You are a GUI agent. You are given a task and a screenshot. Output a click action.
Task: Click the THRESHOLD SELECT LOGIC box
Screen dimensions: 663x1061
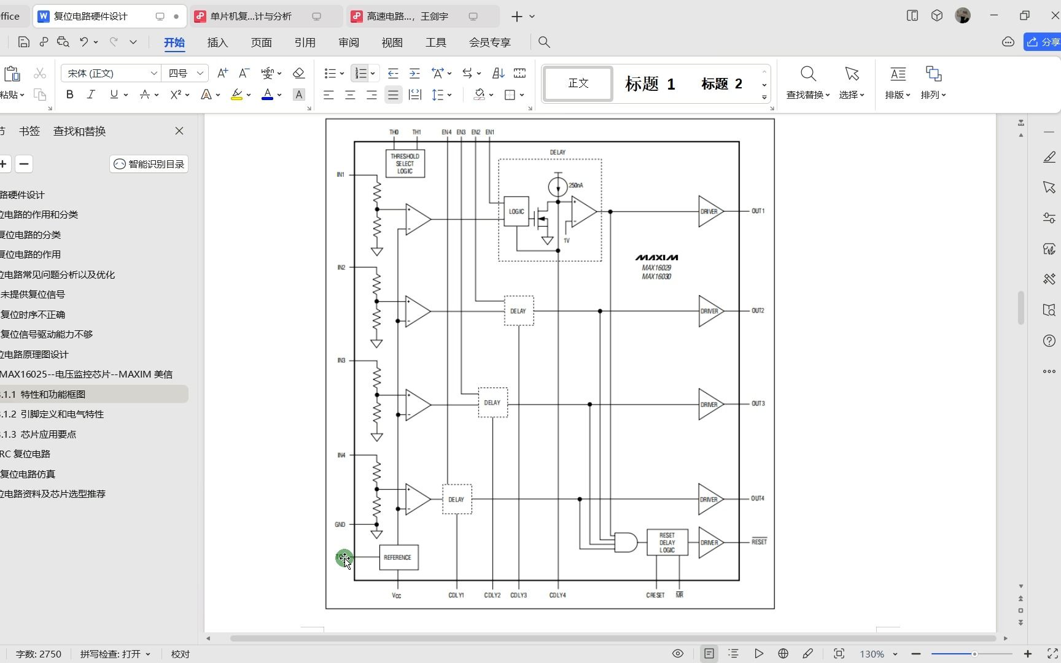click(x=405, y=164)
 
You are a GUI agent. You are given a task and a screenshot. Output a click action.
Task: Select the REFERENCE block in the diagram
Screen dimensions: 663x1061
click(x=398, y=557)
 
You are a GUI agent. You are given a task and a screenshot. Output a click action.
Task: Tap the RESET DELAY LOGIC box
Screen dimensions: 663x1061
click(x=667, y=543)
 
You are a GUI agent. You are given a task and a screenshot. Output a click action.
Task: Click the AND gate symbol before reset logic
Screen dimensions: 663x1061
click(x=625, y=543)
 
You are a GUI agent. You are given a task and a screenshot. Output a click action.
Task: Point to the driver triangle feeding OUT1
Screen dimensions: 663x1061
click(x=710, y=211)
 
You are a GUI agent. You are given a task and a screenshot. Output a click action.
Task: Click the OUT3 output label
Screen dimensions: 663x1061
click(x=758, y=404)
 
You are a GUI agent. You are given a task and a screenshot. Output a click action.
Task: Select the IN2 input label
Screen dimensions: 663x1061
click(x=341, y=268)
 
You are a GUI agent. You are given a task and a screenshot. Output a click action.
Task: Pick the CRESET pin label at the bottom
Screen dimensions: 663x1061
click(x=655, y=595)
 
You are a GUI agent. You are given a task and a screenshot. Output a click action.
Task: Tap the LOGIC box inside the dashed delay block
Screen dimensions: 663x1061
click(x=516, y=211)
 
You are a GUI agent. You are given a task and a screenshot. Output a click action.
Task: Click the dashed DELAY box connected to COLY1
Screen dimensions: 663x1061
click(x=457, y=500)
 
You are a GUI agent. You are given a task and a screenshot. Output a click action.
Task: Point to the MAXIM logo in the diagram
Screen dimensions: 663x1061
click(x=656, y=258)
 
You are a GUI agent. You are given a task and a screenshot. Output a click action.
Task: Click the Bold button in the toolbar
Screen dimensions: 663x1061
click(x=70, y=95)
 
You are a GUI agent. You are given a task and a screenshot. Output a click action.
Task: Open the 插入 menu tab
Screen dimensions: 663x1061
click(x=217, y=42)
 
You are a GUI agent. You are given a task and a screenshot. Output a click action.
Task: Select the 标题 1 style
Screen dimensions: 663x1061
click(x=650, y=84)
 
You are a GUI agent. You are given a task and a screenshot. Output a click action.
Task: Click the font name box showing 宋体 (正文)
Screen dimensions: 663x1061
click(x=111, y=74)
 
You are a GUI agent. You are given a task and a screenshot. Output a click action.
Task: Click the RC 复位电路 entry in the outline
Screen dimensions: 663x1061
click(x=26, y=454)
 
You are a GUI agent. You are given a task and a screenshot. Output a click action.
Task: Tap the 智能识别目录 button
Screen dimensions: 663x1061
click(x=149, y=164)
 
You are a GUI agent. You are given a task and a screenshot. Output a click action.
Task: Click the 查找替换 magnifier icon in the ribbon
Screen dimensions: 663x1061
click(x=808, y=75)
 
